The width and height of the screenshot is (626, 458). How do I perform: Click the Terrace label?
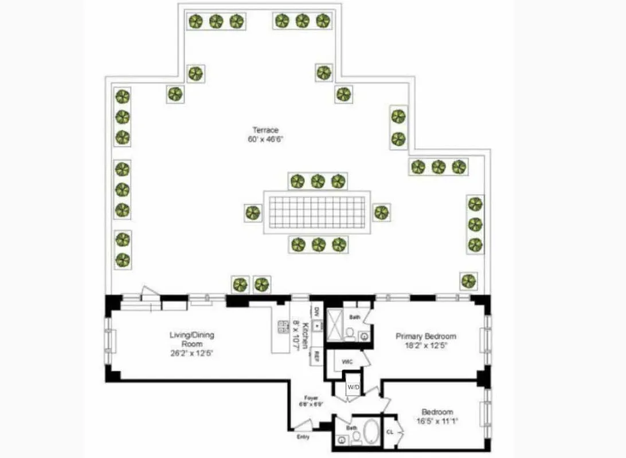[265, 130]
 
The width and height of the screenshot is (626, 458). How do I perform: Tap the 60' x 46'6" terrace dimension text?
[265, 139]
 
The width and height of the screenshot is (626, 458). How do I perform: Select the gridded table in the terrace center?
[316, 212]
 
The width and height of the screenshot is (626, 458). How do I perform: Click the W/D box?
[353, 388]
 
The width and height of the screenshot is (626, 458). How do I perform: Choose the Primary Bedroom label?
[425, 336]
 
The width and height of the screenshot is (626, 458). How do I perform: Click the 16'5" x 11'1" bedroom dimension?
[437, 421]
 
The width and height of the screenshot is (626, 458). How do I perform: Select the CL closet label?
[390, 432]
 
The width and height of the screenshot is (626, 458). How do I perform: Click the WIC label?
[347, 362]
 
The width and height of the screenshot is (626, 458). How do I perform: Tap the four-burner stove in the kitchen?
[283, 327]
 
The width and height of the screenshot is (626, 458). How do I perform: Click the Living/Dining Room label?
[191, 339]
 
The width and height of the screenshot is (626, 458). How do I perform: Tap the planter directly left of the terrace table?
[253, 213]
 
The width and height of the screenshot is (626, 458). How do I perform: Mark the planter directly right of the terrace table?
[382, 212]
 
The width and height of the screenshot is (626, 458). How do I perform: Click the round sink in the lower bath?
[342, 440]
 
